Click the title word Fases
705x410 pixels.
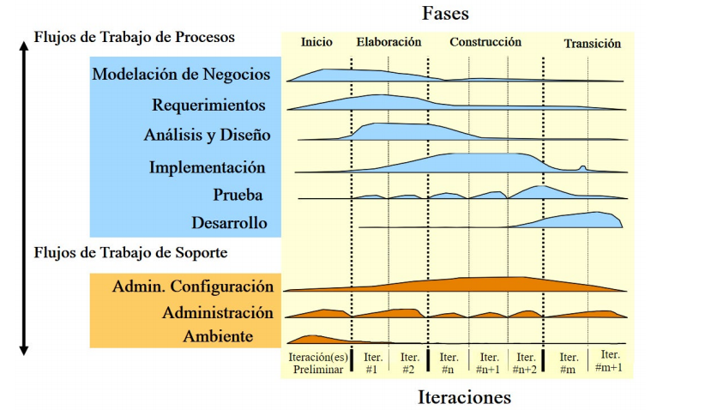[445, 14]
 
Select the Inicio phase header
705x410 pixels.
[316, 42]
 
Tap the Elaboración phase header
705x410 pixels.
[389, 41]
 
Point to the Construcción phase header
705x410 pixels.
[485, 41]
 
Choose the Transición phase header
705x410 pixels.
[592, 43]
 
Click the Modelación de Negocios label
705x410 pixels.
[181, 74]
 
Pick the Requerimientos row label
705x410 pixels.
[208, 106]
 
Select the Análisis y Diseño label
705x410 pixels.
[207, 135]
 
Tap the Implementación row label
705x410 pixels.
[207, 167]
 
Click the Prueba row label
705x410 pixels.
[238, 195]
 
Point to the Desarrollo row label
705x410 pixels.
[229, 224]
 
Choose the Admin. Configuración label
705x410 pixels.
[193, 286]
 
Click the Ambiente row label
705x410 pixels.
[218, 336]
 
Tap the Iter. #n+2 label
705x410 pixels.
[526, 363]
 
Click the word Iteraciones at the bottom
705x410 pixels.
[464, 397]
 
